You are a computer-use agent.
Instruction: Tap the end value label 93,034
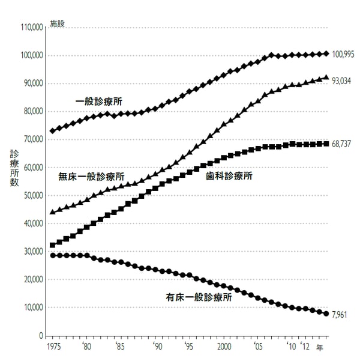[x=341, y=80]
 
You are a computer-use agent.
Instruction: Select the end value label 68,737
[x=341, y=144]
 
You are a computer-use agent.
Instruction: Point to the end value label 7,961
[x=340, y=313]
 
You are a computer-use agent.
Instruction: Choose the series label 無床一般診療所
[x=91, y=177]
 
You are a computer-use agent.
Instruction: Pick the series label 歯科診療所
[x=229, y=177]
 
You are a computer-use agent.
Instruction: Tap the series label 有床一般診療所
[x=199, y=297]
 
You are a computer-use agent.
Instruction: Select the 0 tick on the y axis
[x=40, y=335]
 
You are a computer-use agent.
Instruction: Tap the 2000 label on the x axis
[x=224, y=347]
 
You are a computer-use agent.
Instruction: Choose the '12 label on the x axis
[x=307, y=347]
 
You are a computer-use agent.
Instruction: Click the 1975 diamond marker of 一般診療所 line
[x=53, y=131]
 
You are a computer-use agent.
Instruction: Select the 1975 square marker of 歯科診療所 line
[x=53, y=245]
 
